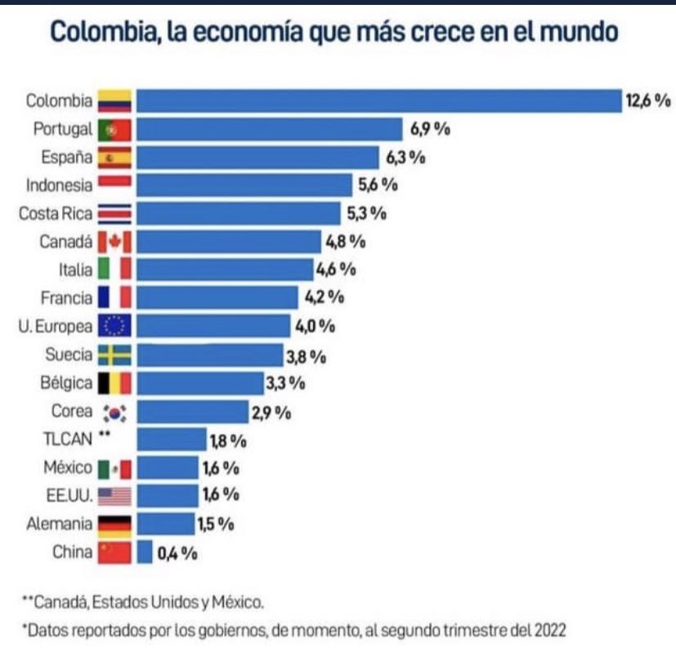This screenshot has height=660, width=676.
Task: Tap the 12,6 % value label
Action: click(x=648, y=101)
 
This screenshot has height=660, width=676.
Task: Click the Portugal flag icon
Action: click(x=114, y=129)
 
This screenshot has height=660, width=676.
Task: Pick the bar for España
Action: click(x=257, y=158)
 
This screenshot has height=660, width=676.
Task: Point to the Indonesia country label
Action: click(x=60, y=185)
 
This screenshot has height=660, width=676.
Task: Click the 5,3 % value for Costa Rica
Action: click(x=365, y=214)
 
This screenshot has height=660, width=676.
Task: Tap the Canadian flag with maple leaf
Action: click(x=114, y=242)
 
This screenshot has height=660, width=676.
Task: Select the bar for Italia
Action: click(x=225, y=270)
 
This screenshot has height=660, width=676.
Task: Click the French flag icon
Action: click(x=114, y=297)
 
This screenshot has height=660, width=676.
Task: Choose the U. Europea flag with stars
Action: click(x=114, y=326)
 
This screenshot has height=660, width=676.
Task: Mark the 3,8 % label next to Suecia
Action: click(x=307, y=355)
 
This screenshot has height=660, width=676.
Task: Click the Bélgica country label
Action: click(x=66, y=382)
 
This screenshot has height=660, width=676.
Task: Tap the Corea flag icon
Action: click(x=114, y=412)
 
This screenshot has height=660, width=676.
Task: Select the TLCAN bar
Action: click(x=172, y=439)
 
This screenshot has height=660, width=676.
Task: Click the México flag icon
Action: click(x=114, y=468)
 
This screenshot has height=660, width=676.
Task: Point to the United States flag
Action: click(x=114, y=496)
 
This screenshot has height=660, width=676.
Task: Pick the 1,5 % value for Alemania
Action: click(x=217, y=524)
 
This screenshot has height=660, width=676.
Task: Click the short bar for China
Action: click(x=145, y=552)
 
